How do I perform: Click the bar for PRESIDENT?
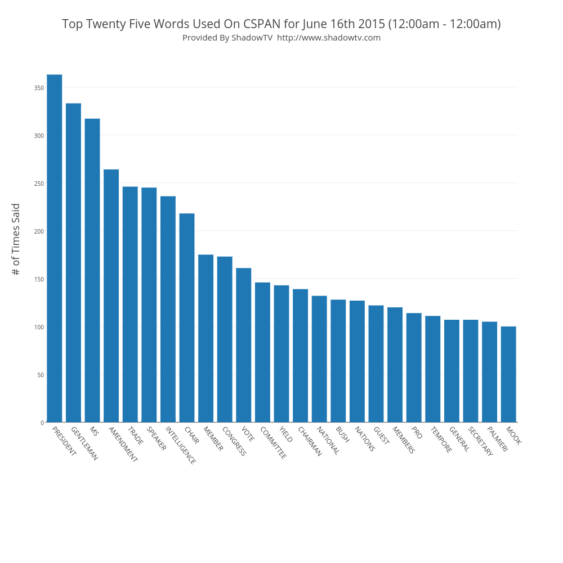tap(55, 248)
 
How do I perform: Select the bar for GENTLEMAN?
tap(73, 262)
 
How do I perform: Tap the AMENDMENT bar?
tap(111, 296)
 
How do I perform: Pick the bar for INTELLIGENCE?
tap(168, 309)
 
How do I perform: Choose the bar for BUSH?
tap(338, 361)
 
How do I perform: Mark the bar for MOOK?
tap(508, 374)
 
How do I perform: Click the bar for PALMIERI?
tap(489, 372)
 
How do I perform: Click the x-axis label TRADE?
tap(135, 436)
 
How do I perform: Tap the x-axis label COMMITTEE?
tap(273, 443)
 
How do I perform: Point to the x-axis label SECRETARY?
tap(480, 441)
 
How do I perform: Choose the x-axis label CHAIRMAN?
tap(310, 441)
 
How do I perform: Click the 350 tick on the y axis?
tap(38, 88)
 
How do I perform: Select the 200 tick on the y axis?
tap(38, 231)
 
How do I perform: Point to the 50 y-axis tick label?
tap(40, 375)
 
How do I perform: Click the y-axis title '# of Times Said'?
tap(16, 239)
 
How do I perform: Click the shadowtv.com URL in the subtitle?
tap(329, 38)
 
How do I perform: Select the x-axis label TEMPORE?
tap(440, 440)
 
